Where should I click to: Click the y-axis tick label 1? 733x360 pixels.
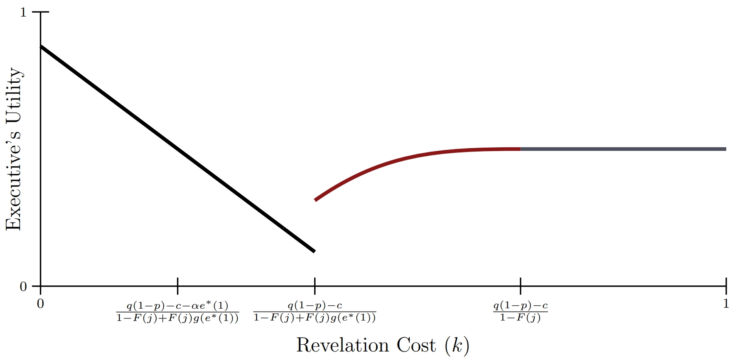coord(23,12)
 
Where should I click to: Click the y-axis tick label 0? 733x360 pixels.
coord(23,287)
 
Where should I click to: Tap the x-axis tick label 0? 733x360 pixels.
coord(40,304)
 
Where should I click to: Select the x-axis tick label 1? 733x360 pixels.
coord(726,304)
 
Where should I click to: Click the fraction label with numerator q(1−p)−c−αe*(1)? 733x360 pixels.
coord(178,312)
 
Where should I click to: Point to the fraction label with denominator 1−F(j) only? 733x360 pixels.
coord(520,312)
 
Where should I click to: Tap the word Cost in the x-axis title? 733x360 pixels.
coord(416,345)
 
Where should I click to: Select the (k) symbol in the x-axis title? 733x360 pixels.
coord(457,346)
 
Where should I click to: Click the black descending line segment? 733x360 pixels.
coord(177,149)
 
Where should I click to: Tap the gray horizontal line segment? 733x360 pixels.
coord(623,149)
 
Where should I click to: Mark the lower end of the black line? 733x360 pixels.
coord(314,251)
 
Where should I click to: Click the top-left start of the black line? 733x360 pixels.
coord(41,46)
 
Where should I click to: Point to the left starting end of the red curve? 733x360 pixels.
coord(316,200)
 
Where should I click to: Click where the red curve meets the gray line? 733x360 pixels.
coord(520,149)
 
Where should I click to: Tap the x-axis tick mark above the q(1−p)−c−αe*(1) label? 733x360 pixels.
coord(178,283)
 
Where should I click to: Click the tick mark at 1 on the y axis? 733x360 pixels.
coord(44,12)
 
